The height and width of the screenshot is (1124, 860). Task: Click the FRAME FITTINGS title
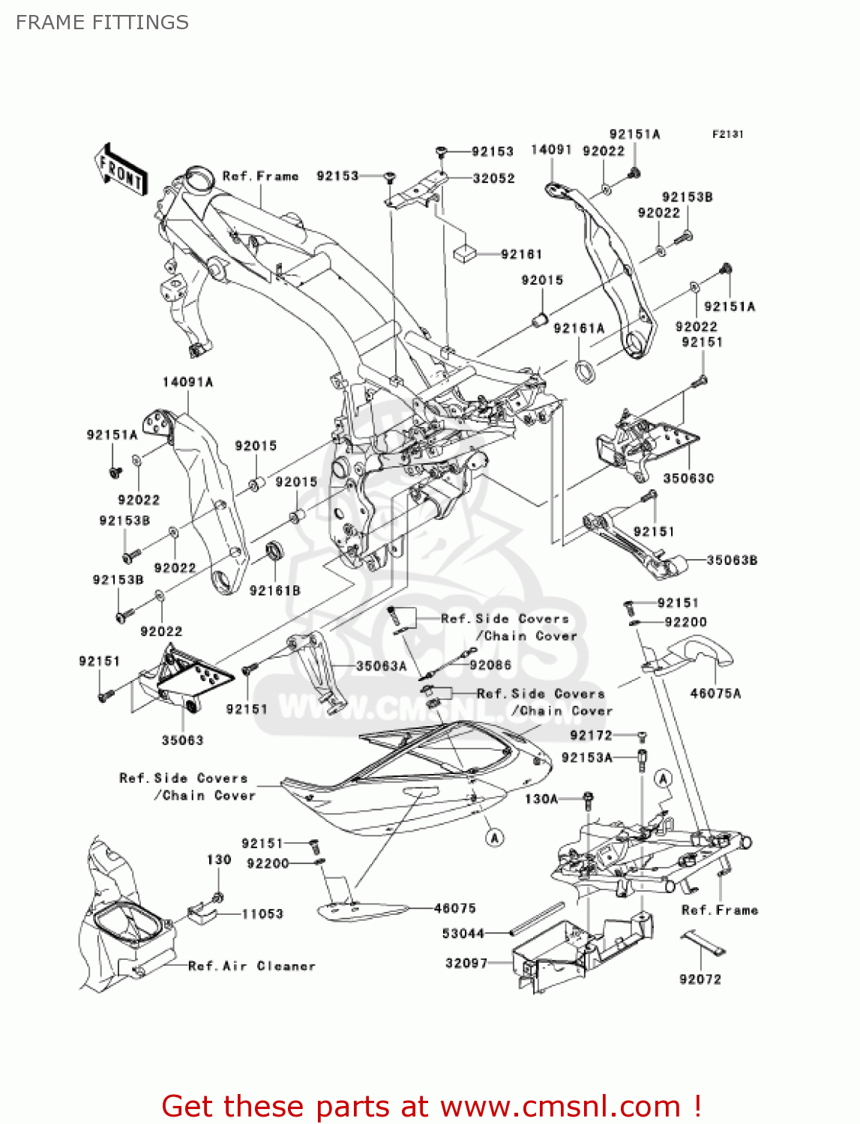coord(102,22)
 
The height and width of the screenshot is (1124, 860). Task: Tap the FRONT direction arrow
coord(120,170)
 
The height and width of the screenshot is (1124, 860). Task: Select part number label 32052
coord(493,178)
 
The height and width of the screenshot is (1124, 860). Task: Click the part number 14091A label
coord(187,382)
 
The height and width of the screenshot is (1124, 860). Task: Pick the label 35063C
coord(688,478)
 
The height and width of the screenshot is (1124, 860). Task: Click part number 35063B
coord(732,560)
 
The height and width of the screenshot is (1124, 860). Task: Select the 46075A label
coord(715,693)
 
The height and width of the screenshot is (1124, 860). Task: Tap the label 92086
coord(490,665)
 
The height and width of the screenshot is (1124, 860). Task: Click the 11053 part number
coord(262,913)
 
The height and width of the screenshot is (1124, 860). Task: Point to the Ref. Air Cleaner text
coord(251,966)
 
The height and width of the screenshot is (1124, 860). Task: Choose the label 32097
coord(466,963)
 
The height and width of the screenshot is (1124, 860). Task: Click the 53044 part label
coord(463,933)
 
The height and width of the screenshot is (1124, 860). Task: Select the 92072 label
coord(700,979)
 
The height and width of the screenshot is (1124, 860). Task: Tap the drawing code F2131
coord(727,134)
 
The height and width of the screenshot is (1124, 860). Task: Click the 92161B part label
coord(274,590)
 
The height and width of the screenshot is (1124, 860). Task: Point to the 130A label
coord(541,799)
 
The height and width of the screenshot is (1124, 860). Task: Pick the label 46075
coord(455,908)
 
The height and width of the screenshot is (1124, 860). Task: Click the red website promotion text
coord(431,1106)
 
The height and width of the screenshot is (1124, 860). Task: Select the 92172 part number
coord(591,735)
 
